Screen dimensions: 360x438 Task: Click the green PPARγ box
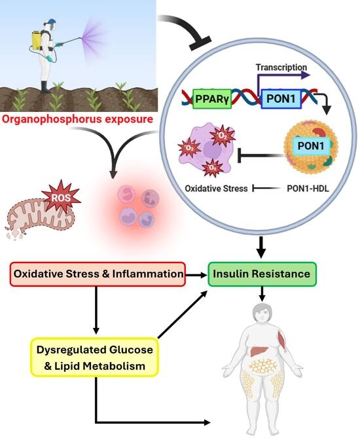212,99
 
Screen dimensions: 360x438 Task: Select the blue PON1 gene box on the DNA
281,99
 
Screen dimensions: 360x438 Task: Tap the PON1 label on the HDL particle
310,146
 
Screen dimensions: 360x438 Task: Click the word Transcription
281,67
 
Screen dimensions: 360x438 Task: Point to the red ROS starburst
62,197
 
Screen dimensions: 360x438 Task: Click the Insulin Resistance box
262,274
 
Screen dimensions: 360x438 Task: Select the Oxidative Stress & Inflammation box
98,274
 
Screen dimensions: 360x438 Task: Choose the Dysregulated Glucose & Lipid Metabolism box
94,357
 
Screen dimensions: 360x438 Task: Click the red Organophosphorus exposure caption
78,119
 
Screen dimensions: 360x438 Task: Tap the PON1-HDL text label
308,189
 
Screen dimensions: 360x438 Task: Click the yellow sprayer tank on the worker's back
37,41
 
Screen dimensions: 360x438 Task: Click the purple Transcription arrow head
306,75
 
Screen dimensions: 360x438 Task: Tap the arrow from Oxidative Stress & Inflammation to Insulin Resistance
196,275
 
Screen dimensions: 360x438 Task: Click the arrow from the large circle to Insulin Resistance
261,247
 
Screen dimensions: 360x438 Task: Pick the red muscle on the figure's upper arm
282,340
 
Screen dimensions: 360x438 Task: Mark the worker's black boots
45,87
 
